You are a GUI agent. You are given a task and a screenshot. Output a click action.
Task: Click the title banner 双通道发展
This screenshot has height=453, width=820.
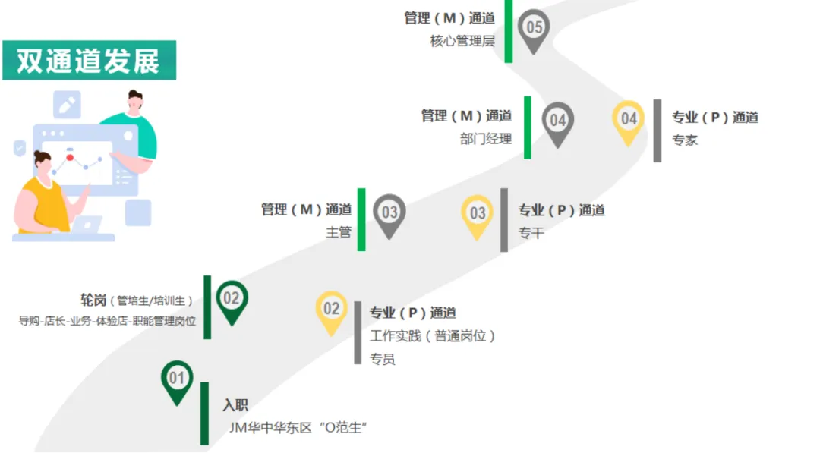click(89, 61)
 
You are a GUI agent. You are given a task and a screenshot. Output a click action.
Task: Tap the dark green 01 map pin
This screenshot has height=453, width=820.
click(177, 379)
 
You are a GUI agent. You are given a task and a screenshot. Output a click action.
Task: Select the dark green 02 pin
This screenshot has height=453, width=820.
click(232, 299)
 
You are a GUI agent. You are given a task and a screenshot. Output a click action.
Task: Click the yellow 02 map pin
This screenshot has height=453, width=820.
click(332, 310)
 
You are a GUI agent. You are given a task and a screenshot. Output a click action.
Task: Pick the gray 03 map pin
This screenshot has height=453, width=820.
click(389, 212)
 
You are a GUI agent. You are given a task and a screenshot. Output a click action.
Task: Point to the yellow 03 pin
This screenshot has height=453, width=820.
click(478, 213)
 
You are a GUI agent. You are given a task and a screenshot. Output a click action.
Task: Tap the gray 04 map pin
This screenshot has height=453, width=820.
click(558, 121)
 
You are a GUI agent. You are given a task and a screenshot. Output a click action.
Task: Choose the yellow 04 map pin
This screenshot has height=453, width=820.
click(629, 120)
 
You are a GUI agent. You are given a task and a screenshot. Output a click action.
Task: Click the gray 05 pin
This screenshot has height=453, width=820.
click(535, 29)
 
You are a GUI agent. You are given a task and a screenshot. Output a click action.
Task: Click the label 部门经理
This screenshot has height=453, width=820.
click(486, 139)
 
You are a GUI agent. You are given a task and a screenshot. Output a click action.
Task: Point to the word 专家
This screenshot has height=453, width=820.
click(685, 140)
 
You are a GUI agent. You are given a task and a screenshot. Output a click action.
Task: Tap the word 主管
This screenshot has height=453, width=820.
click(339, 232)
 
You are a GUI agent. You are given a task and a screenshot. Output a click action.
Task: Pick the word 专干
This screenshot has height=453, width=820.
click(531, 234)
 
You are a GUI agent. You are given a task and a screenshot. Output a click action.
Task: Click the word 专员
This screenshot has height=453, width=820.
click(383, 359)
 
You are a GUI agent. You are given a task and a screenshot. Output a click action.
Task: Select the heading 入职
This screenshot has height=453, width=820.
click(235, 405)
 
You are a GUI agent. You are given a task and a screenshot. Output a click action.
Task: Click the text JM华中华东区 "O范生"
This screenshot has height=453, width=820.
click(298, 428)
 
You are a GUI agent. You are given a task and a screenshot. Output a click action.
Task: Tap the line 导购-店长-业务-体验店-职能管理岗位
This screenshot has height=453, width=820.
click(107, 321)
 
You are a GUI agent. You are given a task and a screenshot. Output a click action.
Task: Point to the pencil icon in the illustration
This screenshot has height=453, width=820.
click(67, 105)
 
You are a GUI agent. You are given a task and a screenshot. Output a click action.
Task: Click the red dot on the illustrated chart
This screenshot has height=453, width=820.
click(70, 158)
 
